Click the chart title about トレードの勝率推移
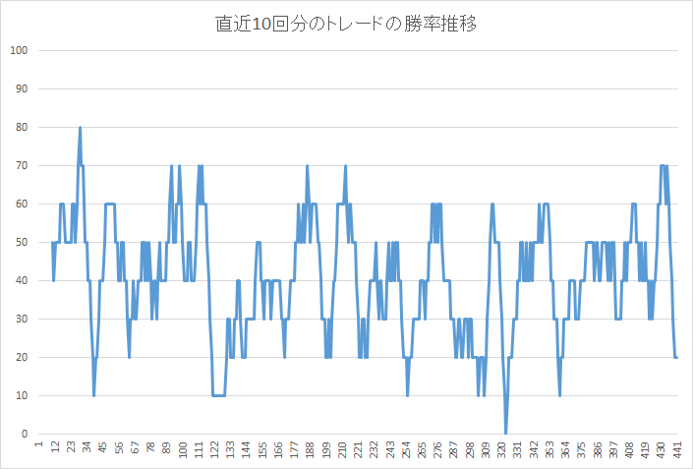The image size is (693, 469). [346, 24]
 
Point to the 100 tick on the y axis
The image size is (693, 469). [18, 51]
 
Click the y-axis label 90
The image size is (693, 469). [20, 89]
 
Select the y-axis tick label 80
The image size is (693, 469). [20, 128]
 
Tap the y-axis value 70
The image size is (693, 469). [20, 166]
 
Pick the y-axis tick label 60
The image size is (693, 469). [20, 205]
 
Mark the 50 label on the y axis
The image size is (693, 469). [20, 243]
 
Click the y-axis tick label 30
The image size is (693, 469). [20, 320]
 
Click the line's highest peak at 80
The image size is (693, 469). [80, 128]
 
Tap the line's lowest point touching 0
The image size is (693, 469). [506, 433]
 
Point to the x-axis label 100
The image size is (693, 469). [183, 450]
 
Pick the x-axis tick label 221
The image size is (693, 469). [359, 450]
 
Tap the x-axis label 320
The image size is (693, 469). [502, 450]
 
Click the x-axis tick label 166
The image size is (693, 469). [278, 450]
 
